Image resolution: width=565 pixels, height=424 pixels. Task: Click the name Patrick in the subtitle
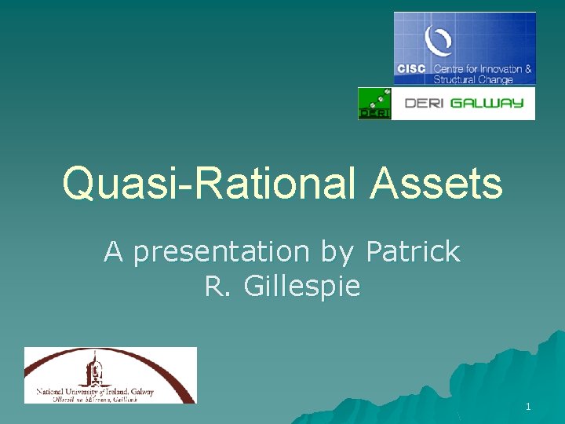pyautogui.click(x=413, y=252)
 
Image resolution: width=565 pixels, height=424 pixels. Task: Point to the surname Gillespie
pyautogui.click(x=302, y=287)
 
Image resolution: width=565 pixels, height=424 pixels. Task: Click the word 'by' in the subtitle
pyautogui.click(x=337, y=253)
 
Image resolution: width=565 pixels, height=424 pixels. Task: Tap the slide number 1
pyautogui.click(x=528, y=407)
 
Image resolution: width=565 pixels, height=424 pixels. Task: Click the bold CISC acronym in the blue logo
pyautogui.click(x=411, y=69)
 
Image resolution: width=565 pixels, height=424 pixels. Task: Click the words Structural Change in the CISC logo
pyautogui.click(x=473, y=79)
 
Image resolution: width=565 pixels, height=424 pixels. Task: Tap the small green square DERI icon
pyautogui.click(x=374, y=104)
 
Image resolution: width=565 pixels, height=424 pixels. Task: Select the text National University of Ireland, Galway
pyautogui.click(x=95, y=390)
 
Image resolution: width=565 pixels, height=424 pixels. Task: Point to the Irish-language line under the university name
pyautogui.click(x=95, y=399)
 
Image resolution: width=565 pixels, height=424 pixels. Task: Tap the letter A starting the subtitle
pyautogui.click(x=114, y=252)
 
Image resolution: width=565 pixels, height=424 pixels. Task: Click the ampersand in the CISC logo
pyautogui.click(x=528, y=69)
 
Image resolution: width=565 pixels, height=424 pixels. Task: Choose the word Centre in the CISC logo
pyautogui.click(x=450, y=69)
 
